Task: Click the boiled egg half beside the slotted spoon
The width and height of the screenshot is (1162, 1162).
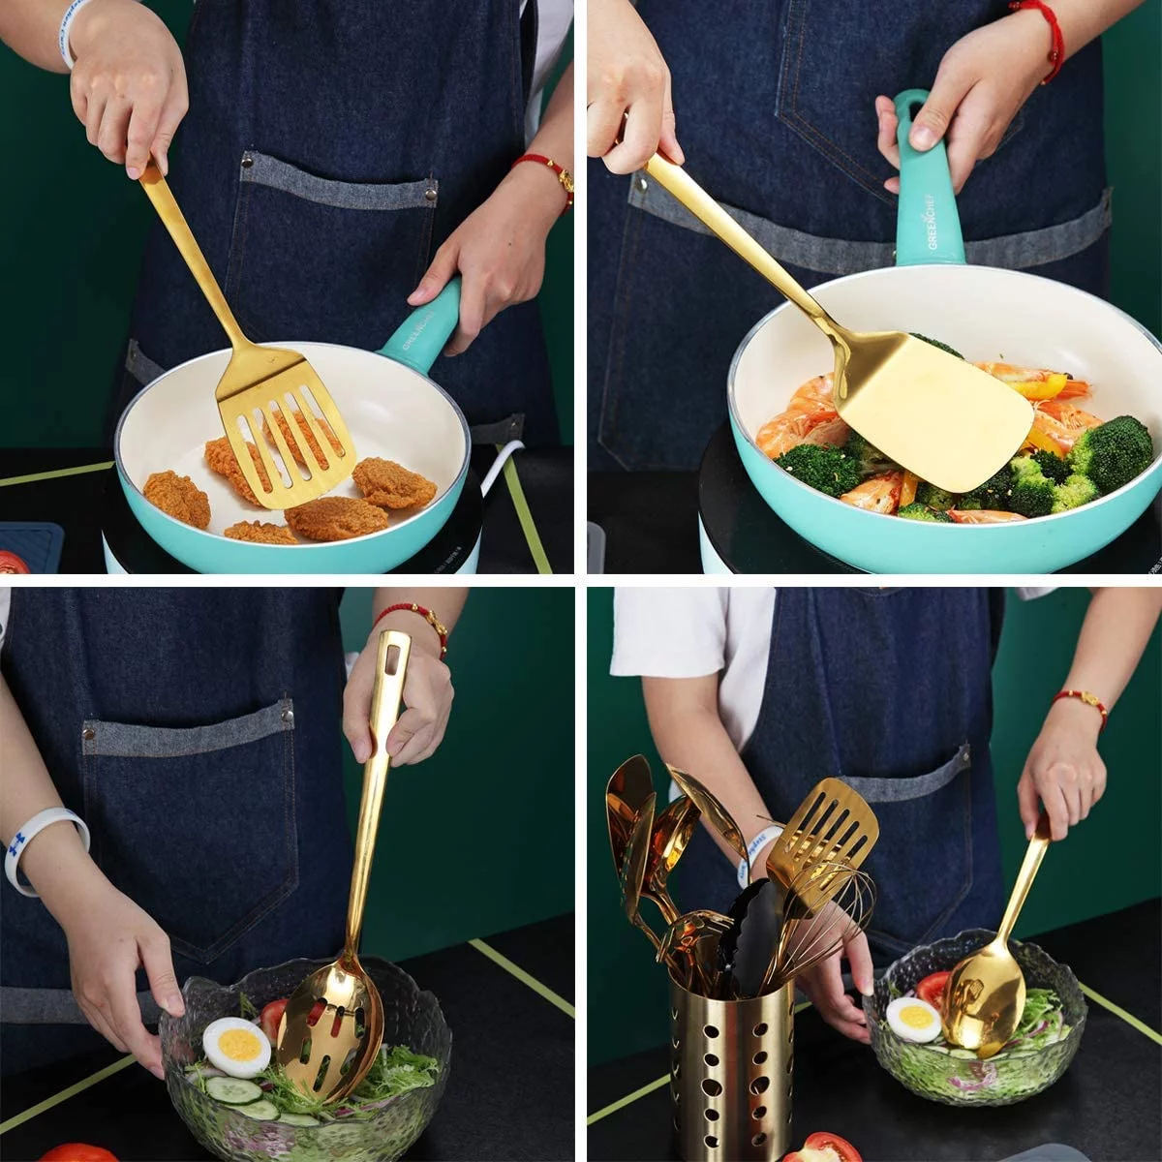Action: click(236, 1046)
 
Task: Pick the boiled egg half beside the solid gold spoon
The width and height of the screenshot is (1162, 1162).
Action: click(913, 1019)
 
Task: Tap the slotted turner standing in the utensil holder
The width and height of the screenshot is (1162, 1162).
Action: click(823, 833)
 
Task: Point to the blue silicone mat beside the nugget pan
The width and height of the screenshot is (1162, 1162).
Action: click(29, 542)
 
